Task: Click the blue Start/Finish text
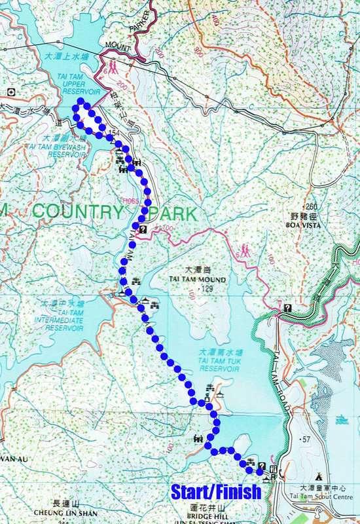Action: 215,491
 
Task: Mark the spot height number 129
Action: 207,288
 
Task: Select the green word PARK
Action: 172,214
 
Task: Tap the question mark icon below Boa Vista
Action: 287,307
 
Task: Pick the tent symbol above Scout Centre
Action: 319,476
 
